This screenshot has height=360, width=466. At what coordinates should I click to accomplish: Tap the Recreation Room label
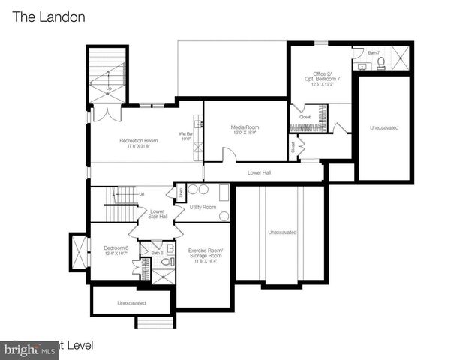(139, 140)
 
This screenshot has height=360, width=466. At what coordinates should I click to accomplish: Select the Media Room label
(244, 127)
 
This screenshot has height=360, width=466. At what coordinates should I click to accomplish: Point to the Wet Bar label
(186, 135)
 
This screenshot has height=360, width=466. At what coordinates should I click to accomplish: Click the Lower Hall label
(260, 172)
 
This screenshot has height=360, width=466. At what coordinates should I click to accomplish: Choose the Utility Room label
(203, 207)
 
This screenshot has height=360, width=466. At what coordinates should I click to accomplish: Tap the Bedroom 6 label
(116, 247)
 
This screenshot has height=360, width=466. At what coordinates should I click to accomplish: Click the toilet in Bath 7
(380, 62)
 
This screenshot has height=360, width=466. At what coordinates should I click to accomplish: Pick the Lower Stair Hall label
(158, 214)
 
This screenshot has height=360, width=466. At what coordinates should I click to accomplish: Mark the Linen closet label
(181, 193)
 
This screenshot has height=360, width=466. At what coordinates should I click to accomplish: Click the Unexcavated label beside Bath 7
(384, 127)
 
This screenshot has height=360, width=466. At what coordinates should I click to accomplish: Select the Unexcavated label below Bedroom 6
(131, 303)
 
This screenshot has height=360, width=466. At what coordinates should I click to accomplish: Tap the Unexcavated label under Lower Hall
(282, 232)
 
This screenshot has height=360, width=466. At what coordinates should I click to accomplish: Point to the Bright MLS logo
(30, 349)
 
